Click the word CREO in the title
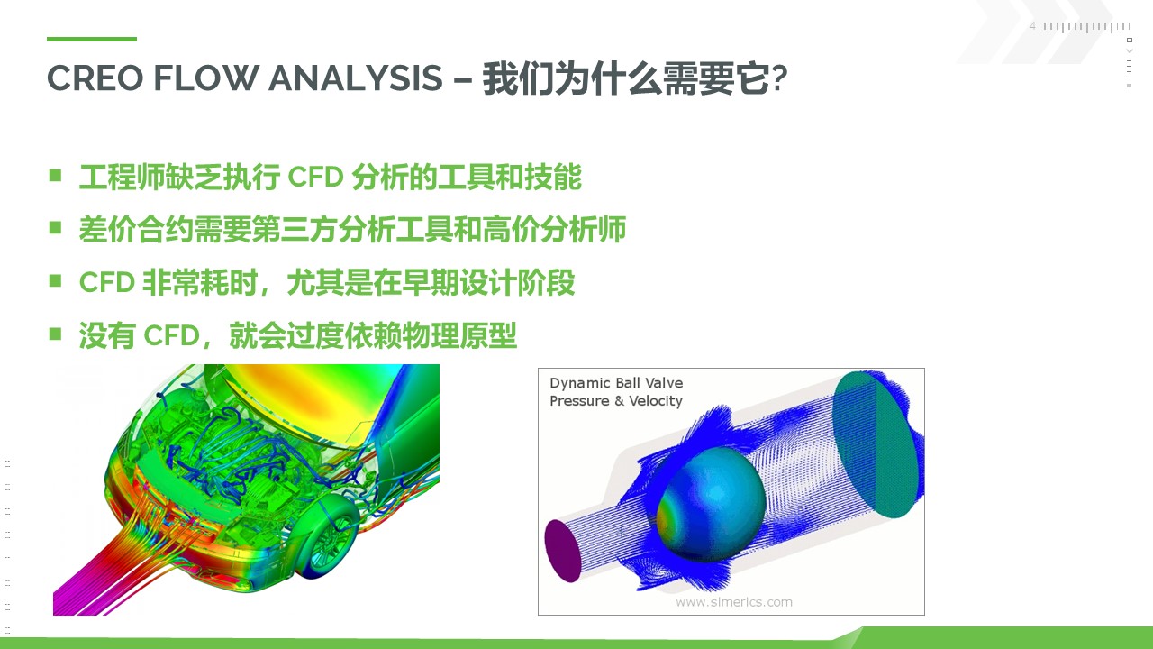[x=95, y=78]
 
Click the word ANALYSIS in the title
[x=355, y=78]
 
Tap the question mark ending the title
[x=779, y=78]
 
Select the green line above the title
[x=92, y=39]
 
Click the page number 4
[x=1032, y=26]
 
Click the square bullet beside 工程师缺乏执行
[x=55, y=176]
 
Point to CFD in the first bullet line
[x=315, y=178]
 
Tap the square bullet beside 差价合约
[x=55, y=228]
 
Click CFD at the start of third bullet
[x=106, y=282]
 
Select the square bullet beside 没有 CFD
[x=55, y=334]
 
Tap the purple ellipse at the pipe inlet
[x=563, y=551]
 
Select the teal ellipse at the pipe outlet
[x=875, y=444]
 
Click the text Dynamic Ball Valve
[x=616, y=383]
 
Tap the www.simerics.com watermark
[x=733, y=602]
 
